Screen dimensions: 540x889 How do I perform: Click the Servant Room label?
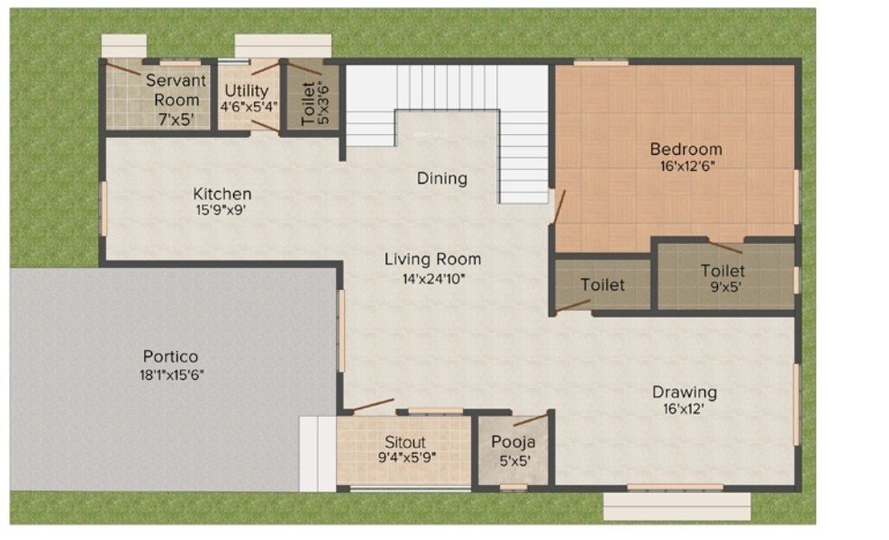[176, 90]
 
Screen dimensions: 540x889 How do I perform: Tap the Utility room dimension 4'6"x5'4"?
[249, 105]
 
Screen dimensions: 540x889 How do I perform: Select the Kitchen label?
[222, 193]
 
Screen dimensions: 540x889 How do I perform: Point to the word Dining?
[441, 178]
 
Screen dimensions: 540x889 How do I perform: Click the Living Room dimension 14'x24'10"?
[432, 278]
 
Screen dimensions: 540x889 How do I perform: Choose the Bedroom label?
[685, 148]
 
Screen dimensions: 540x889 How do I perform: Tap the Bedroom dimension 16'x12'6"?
[685, 166]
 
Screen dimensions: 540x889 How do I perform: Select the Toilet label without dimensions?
[602, 285]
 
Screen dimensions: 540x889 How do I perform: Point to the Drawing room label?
[685, 391]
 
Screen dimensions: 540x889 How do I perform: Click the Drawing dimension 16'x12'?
[685, 409]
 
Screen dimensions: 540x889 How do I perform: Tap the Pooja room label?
[513, 442]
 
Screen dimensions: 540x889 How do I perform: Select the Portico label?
[169, 355]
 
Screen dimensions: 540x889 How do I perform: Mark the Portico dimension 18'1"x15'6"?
[169, 373]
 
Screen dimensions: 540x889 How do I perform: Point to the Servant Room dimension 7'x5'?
[176, 118]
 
